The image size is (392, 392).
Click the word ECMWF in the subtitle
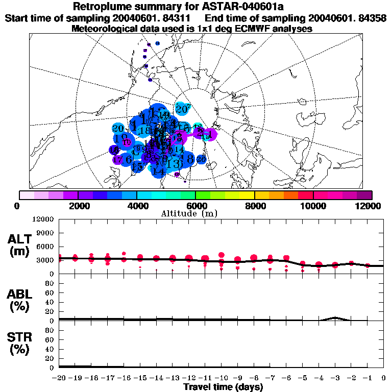click(x=236, y=29)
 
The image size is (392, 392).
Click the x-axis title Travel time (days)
click(x=223, y=387)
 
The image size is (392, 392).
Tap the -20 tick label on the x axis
click(x=59, y=378)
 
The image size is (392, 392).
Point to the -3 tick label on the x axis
click(x=334, y=378)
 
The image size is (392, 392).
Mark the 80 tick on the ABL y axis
click(x=50, y=283)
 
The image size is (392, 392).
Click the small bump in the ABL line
click(x=335, y=317)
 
